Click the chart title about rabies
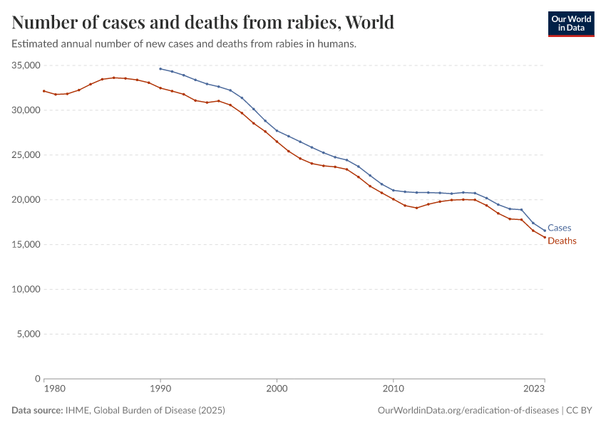[203, 22]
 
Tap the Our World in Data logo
[570, 23]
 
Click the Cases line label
[559, 228]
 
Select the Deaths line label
[562, 241]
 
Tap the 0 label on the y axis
[37, 379]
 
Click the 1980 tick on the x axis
[44, 389]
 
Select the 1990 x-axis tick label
[160, 389]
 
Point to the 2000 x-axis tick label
[277, 389]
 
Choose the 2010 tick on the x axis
[393, 389]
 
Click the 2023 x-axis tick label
[535, 389]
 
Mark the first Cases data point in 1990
[160, 69]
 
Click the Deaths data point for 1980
[44, 91]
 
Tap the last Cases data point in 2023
[544, 231]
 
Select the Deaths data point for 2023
[544, 238]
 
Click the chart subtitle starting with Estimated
[184, 44]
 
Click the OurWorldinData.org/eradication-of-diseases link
[467, 411]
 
